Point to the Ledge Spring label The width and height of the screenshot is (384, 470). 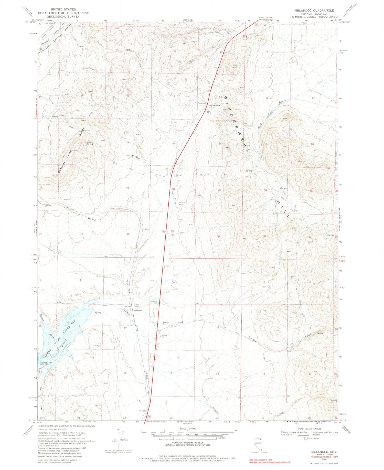tap(89, 143)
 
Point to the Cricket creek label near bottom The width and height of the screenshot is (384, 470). tap(215, 410)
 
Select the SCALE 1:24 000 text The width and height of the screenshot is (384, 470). tap(188, 429)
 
